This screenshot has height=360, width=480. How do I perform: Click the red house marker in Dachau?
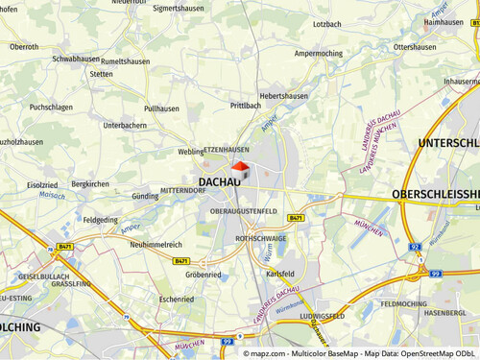point(240,170)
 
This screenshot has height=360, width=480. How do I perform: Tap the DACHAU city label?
point(220,180)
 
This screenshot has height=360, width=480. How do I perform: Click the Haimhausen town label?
point(443,21)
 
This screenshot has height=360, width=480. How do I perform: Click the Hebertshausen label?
point(282,97)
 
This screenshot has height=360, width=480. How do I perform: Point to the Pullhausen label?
point(161,109)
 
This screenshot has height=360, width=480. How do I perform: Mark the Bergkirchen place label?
point(90,183)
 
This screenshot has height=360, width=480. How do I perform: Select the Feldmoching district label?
point(403,303)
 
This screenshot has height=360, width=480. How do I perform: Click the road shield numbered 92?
point(416,246)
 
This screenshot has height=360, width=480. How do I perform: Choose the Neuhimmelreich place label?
point(156,245)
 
